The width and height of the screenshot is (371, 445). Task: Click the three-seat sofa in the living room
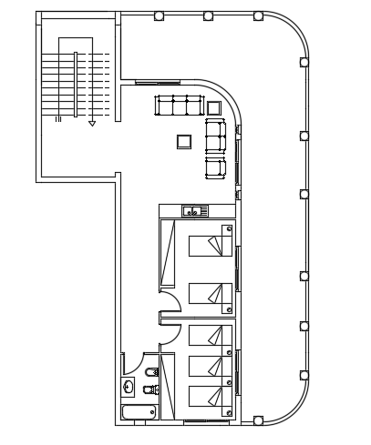(180, 106)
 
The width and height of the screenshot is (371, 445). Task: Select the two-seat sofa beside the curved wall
(215, 136)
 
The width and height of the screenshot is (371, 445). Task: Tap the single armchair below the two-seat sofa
(215, 167)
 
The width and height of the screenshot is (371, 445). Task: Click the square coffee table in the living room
(184, 141)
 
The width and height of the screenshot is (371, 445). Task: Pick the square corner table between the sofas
(214, 107)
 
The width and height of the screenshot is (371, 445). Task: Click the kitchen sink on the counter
(191, 211)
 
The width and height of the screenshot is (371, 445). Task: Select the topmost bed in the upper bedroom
(211, 245)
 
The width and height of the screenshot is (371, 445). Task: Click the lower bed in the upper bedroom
(211, 293)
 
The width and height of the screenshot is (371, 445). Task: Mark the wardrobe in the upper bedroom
(167, 254)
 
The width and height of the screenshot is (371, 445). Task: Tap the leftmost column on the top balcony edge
(159, 15)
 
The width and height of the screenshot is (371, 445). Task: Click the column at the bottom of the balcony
(258, 420)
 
